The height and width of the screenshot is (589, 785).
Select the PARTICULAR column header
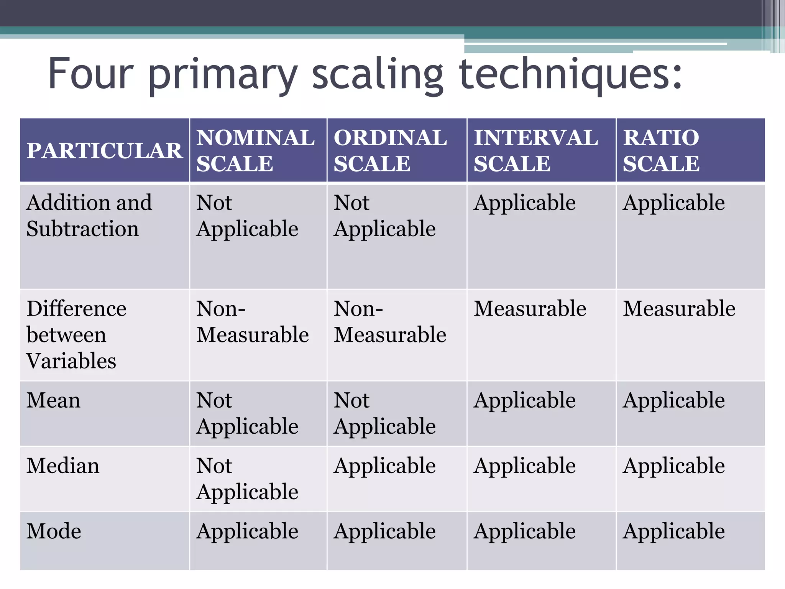[104, 150]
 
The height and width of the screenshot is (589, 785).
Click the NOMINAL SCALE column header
[255, 150]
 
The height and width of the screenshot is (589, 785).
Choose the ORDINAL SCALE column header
[390, 150]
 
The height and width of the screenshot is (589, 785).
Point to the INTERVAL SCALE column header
[535, 150]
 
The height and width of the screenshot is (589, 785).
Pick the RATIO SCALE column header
[661, 150]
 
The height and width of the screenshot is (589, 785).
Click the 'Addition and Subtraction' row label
[89, 216]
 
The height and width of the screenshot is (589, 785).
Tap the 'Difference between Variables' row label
[76, 334]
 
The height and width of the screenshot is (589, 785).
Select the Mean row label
[54, 400]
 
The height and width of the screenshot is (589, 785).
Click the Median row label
[63, 466]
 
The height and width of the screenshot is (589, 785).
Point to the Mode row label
[54, 531]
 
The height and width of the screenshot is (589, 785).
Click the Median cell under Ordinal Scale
[384, 466]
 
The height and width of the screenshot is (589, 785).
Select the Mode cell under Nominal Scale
[247, 531]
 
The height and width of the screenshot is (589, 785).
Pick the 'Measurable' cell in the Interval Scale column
[530, 309]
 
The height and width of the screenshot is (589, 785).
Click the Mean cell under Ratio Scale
[673, 400]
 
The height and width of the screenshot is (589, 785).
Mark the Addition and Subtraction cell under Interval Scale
[524, 203]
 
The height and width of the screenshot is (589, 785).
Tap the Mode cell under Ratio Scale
[673, 531]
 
